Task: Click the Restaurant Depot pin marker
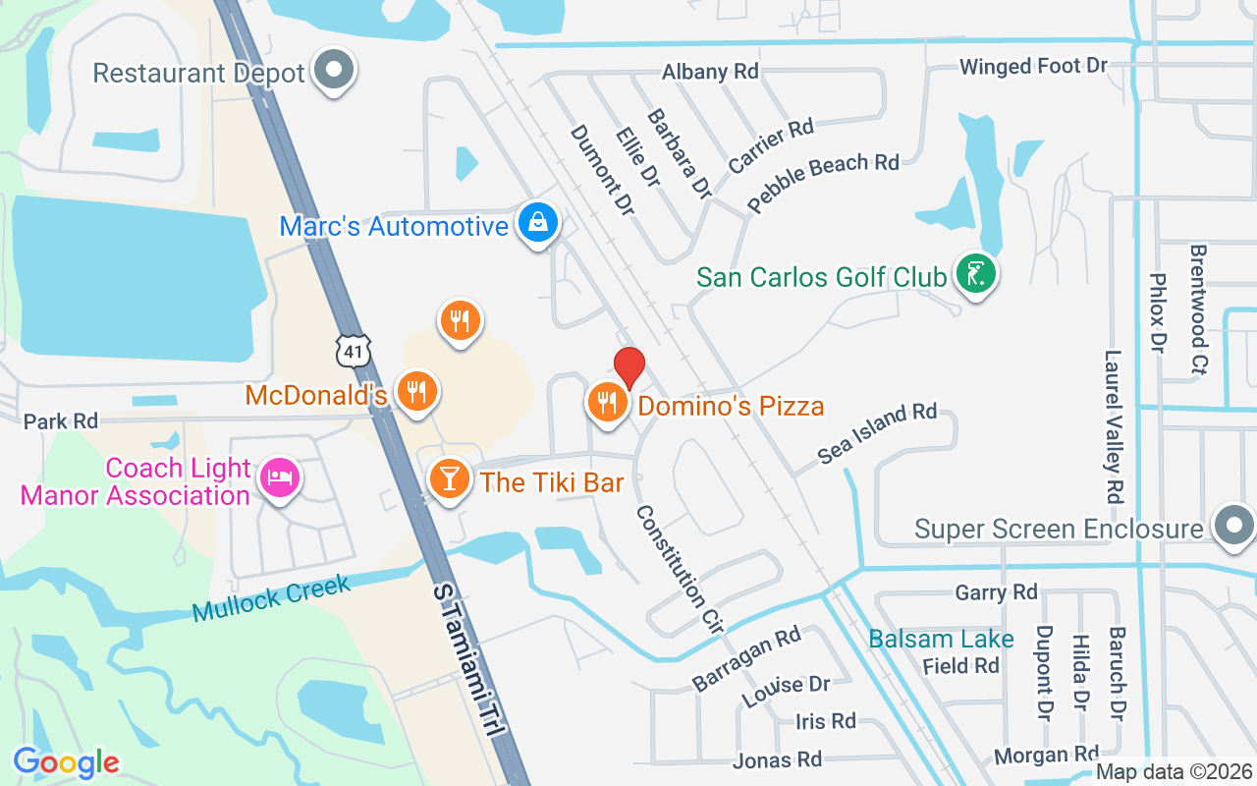coord(334,71)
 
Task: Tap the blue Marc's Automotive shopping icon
coord(538,223)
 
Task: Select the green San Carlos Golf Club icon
coord(975,274)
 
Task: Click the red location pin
coord(628,367)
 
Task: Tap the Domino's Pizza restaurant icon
coord(607,402)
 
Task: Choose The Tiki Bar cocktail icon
coord(450,479)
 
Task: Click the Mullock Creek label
coord(271,599)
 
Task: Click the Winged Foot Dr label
coord(1033,67)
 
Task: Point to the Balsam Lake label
coord(941,639)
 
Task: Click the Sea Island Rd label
coord(877,432)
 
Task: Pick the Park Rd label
coord(61,421)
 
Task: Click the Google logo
coord(66,761)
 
